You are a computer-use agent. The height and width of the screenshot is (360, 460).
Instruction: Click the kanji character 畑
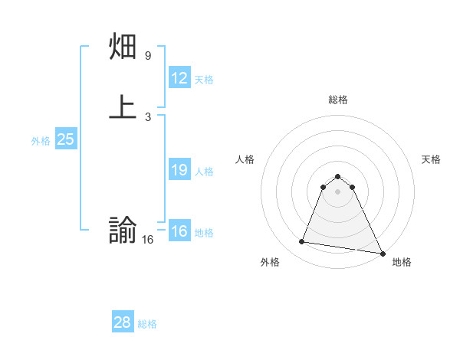tap(123, 48)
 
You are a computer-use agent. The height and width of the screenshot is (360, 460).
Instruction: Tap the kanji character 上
tap(123, 107)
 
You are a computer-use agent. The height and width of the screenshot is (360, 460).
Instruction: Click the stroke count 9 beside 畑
tap(148, 56)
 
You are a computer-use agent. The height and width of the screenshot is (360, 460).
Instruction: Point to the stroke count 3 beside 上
tap(148, 116)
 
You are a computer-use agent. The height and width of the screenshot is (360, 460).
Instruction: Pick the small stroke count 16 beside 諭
tap(148, 240)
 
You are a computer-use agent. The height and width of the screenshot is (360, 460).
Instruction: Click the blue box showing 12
tap(179, 78)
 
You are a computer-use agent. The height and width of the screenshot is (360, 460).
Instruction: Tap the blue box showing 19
tap(179, 170)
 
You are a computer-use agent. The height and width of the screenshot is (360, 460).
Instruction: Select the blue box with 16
tap(179, 231)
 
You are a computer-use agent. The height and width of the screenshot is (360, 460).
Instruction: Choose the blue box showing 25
tap(66, 139)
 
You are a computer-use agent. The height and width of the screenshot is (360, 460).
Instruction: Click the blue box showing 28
tap(123, 322)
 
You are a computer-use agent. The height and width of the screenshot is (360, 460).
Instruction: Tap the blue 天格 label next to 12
tap(204, 80)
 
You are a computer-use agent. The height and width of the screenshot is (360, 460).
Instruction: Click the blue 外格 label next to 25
tap(41, 141)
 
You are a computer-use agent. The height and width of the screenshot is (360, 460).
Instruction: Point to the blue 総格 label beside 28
tap(147, 324)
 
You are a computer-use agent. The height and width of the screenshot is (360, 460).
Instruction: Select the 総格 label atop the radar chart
tap(338, 100)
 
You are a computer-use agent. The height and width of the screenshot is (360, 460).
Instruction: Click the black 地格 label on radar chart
tap(402, 263)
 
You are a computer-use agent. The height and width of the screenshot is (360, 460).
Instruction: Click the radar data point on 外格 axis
tap(301, 242)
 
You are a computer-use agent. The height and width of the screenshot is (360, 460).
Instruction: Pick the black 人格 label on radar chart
tap(245, 159)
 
